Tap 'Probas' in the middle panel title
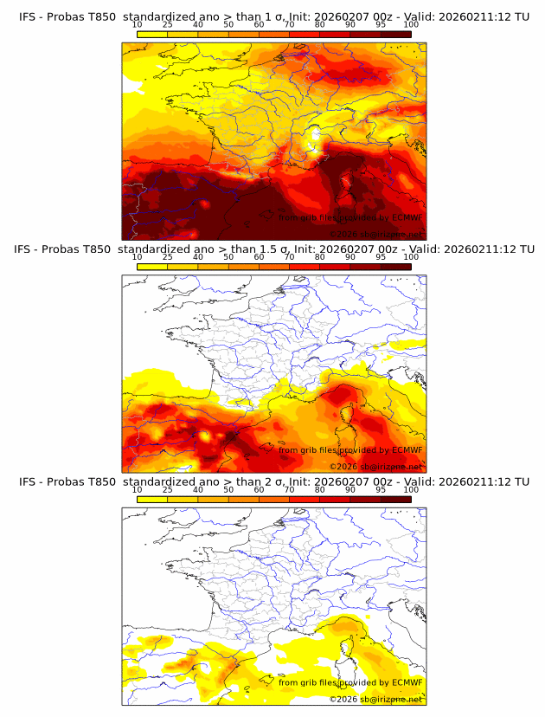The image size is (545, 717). (x=70, y=249)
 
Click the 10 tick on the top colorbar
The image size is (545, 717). (x=138, y=24)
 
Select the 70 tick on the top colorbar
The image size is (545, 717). (x=290, y=24)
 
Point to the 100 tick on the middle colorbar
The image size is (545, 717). (x=411, y=257)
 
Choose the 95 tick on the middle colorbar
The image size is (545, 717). (x=381, y=257)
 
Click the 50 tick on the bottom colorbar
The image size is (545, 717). (x=228, y=490)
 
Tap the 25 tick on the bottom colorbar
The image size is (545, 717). (x=168, y=490)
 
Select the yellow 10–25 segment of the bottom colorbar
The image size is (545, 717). (x=152, y=499)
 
